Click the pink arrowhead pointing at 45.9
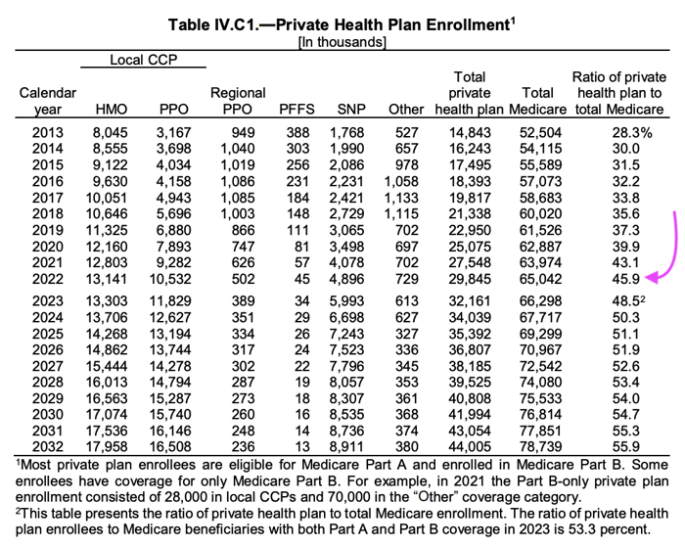point(651,277)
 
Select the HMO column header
point(112,110)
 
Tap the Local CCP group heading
point(143,60)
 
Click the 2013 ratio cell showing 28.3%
point(632,132)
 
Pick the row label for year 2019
point(48,230)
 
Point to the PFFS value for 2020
point(301,247)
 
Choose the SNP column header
point(351,110)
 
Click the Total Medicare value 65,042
point(540,279)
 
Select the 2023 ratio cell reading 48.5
point(628,301)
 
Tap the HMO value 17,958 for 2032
point(107,446)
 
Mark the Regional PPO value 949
point(244,132)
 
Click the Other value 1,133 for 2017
point(401,198)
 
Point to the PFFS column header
point(297,110)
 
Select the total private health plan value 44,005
point(470,446)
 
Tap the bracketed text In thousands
point(342,42)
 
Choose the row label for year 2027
point(48,366)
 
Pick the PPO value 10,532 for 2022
point(170,279)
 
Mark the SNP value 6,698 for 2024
point(346,318)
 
